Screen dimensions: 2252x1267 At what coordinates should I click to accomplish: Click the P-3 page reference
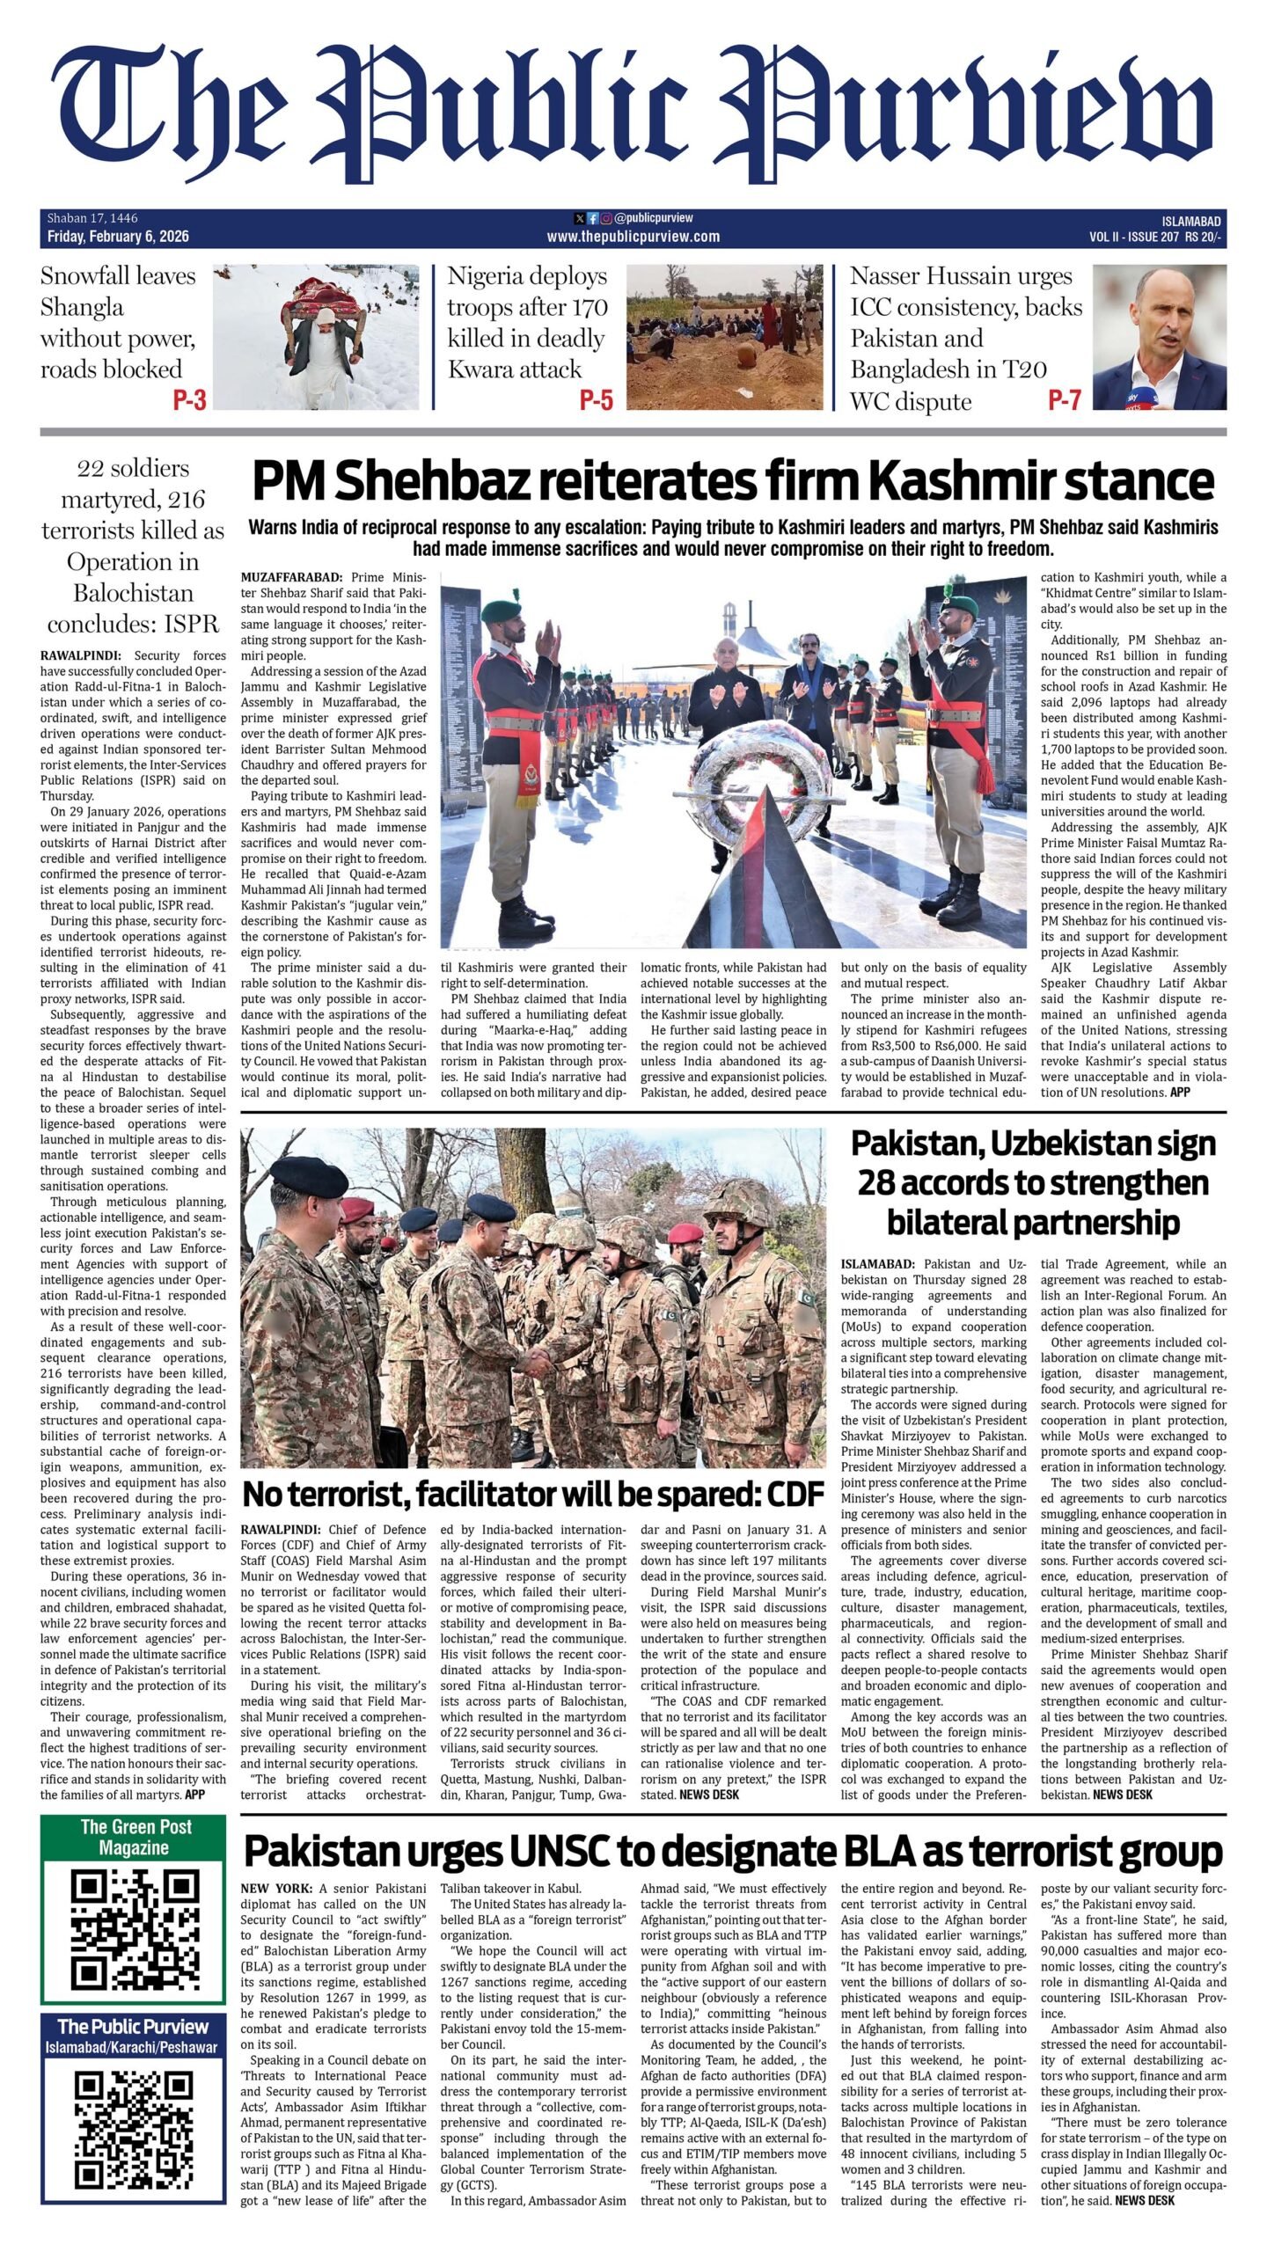[x=189, y=401]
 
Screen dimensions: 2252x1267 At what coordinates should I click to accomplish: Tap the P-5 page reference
[x=596, y=401]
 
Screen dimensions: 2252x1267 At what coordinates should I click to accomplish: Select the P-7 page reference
[x=1064, y=401]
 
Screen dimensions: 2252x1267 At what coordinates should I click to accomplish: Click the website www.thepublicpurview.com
[x=633, y=237]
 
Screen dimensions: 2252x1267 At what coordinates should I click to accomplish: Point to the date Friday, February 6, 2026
[x=119, y=237]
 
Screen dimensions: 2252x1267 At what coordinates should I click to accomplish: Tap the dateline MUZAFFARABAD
[x=290, y=578]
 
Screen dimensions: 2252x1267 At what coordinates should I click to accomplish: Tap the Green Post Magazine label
[x=132, y=1836]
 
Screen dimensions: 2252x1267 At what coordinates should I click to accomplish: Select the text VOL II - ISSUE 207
[x=1133, y=237]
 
